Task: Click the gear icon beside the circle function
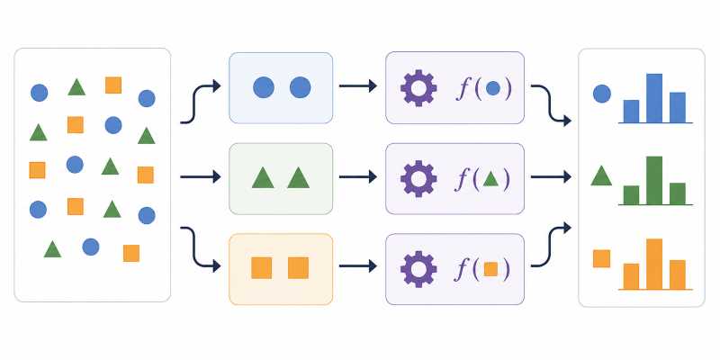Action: pos(418,87)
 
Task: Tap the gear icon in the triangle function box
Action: pos(418,178)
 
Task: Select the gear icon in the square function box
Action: pos(418,269)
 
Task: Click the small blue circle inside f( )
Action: pos(492,88)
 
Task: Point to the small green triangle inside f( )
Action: pos(490,179)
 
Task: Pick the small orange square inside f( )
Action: pos(490,268)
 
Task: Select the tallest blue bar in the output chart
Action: pos(654,98)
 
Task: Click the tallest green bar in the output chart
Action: pos(654,181)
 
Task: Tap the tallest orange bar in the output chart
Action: pos(654,264)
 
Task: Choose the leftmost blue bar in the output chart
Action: pos(632,112)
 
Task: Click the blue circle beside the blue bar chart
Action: pos(602,94)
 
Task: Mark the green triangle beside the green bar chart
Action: pos(601,175)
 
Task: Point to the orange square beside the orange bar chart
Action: pos(601,258)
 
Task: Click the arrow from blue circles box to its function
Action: pos(357,85)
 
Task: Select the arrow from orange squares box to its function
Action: pos(357,265)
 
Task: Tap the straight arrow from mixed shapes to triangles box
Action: pos(201,176)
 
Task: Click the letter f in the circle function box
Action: pos(462,89)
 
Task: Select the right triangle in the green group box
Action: pos(299,177)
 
